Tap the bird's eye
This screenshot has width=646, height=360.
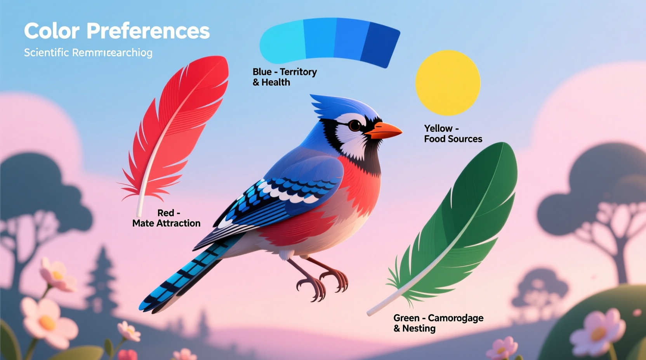pos(354,125)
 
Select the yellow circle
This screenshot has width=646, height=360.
pos(448,83)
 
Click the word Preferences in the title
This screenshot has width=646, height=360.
pos(148,31)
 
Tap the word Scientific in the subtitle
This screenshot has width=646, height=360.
pos(46,53)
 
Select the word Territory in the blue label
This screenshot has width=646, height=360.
pos(298,72)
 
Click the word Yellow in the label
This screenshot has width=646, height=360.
pos(438,128)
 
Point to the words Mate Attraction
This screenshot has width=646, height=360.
pos(166,223)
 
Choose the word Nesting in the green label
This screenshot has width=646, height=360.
pos(419,329)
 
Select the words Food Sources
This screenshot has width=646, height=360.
pos(453,139)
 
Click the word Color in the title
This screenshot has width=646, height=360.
pos(52,31)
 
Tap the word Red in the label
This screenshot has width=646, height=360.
pos(166,213)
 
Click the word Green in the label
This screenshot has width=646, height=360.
pos(406,318)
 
